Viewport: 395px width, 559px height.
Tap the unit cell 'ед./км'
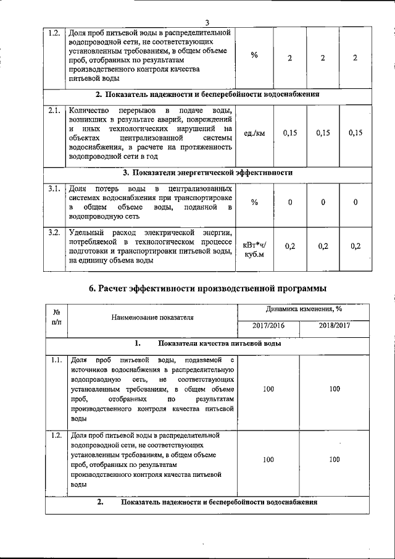[254, 133]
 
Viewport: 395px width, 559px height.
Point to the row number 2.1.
[54, 111]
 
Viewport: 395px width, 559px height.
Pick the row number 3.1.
[54, 188]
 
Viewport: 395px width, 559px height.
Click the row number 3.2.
[54, 233]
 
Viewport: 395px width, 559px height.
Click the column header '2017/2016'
[268, 325]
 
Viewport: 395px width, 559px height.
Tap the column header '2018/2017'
[335, 325]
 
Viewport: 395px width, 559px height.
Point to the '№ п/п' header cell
[56, 317]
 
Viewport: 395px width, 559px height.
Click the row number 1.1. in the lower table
[56, 359]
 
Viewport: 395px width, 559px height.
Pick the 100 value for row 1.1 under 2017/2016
[268, 389]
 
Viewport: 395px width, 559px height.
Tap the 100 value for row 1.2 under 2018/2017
[335, 460]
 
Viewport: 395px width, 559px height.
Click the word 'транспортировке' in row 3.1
[204, 198]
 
